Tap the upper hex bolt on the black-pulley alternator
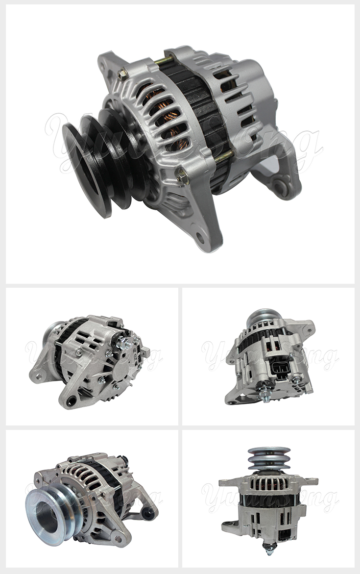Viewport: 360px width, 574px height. (x=122, y=75)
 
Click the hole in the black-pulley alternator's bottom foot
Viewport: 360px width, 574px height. (x=200, y=239)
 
